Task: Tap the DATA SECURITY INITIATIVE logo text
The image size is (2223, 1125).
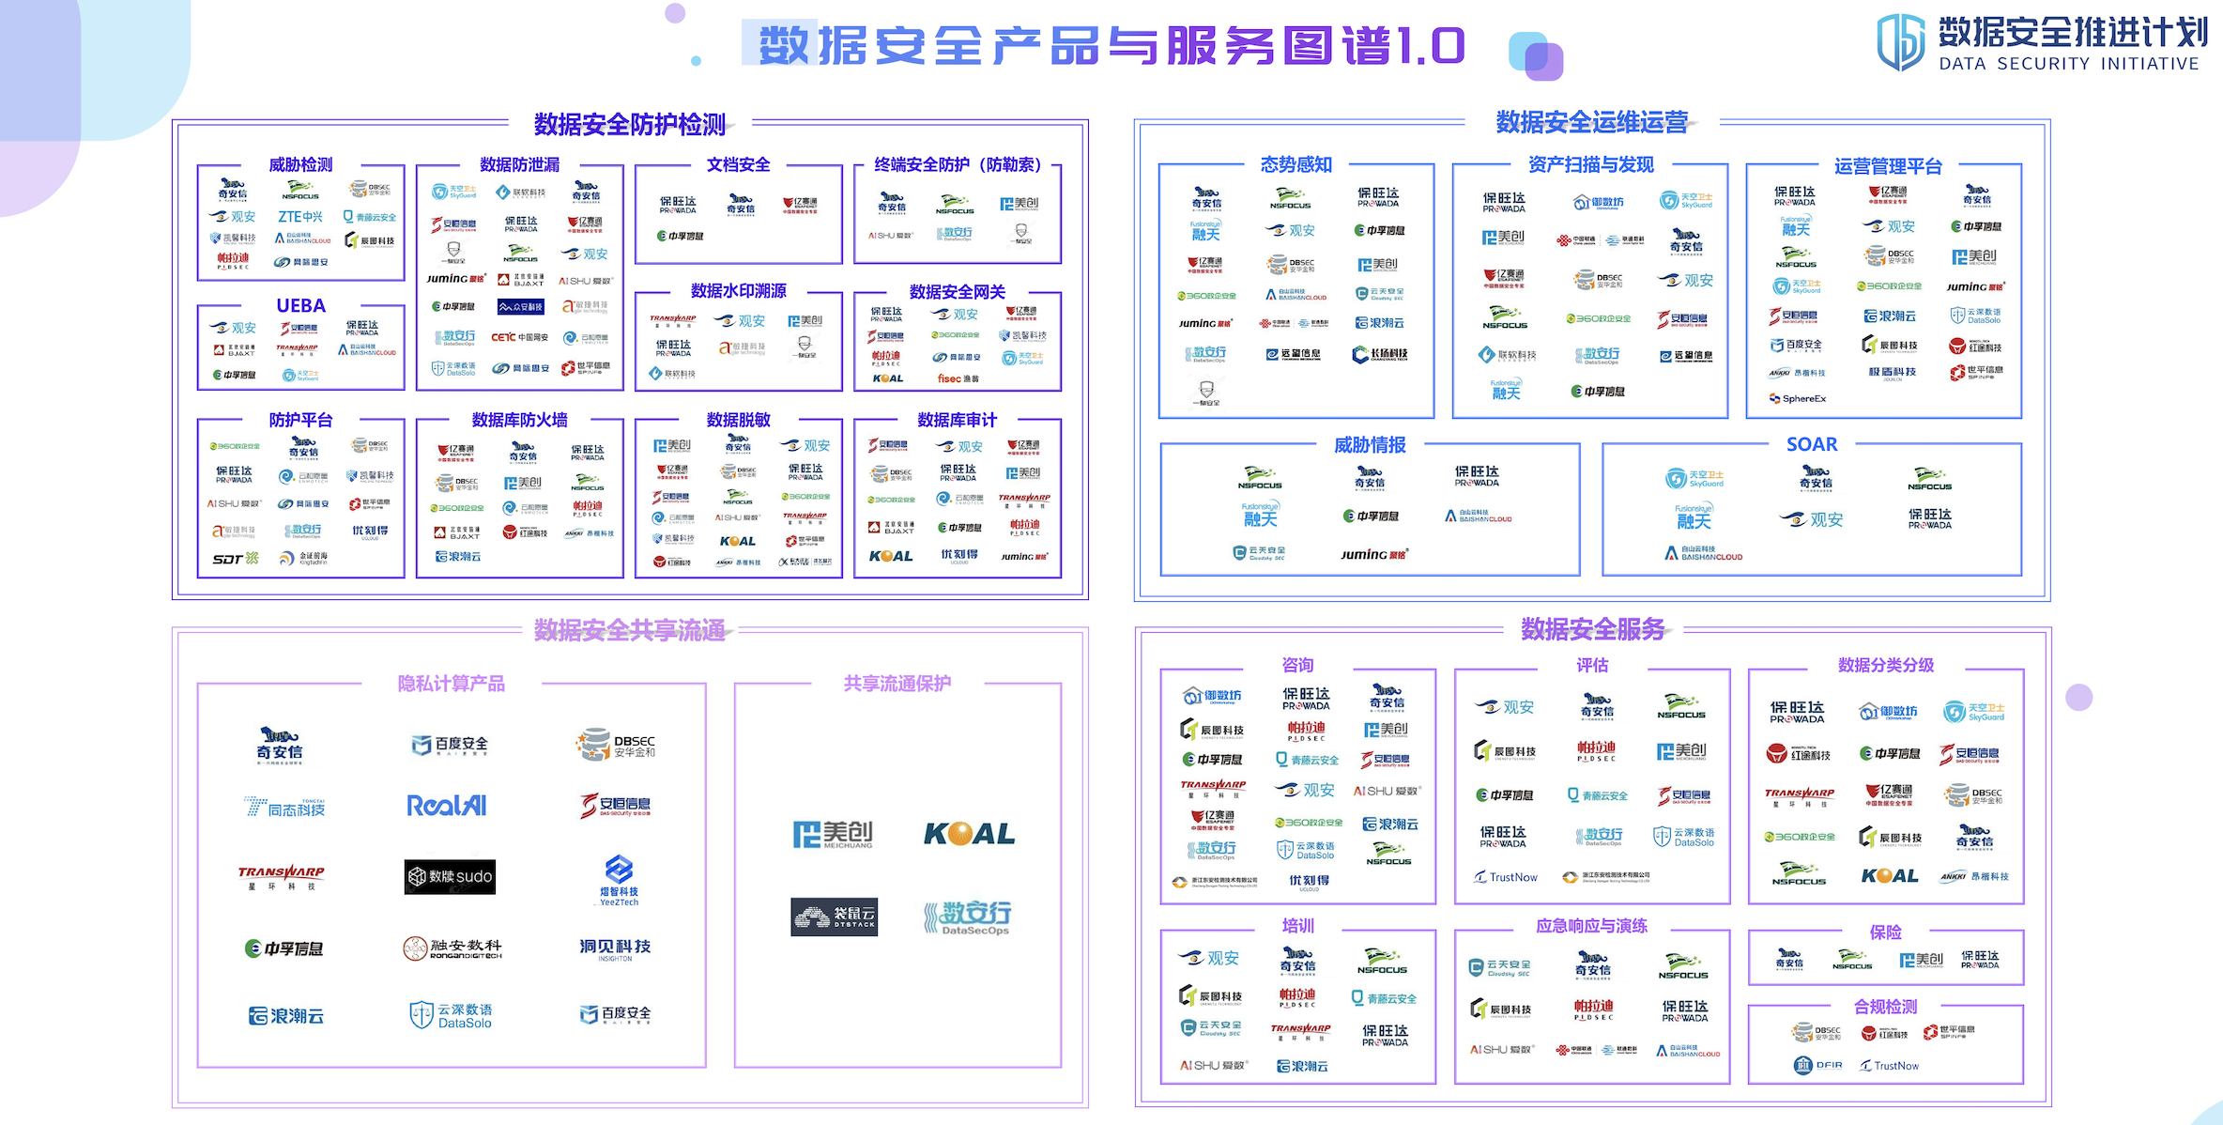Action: click(2069, 64)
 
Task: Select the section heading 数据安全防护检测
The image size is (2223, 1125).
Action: click(629, 124)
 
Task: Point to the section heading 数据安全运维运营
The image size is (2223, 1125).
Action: click(1591, 122)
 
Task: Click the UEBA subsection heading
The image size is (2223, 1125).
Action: click(300, 306)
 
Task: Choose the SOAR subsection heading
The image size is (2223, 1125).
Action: click(1811, 444)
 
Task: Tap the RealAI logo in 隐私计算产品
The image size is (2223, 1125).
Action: click(447, 806)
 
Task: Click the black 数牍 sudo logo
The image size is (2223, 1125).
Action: click(450, 876)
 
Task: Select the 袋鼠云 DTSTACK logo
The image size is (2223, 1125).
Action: click(834, 917)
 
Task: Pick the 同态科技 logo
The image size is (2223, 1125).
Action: click(285, 808)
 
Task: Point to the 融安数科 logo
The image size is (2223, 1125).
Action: click(452, 948)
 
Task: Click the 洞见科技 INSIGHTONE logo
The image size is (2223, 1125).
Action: click(615, 948)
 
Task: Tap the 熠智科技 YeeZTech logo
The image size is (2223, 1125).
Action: click(619, 880)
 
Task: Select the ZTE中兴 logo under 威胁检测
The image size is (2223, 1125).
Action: click(300, 217)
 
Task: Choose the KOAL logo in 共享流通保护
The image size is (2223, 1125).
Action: click(969, 834)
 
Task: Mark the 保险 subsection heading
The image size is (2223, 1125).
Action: click(1885, 932)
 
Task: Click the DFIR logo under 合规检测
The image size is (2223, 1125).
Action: click(1818, 1065)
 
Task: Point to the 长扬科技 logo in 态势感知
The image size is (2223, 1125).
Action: click(1379, 354)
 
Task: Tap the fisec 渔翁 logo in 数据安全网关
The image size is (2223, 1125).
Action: click(957, 378)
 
